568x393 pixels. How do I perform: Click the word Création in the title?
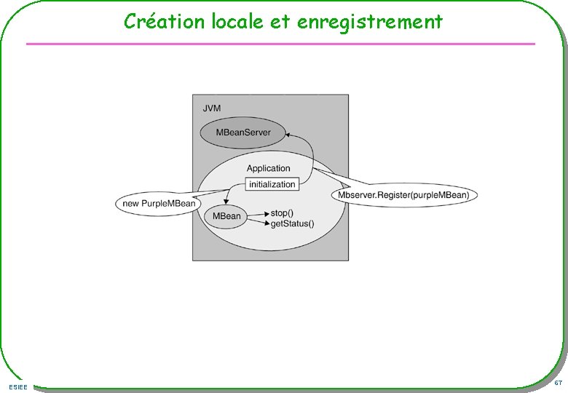[x=155, y=22]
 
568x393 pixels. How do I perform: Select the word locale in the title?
[x=225, y=22]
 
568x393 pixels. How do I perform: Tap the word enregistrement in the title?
[x=370, y=22]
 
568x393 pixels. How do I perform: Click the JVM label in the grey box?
[x=211, y=108]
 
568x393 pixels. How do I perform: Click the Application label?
[x=268, y=168]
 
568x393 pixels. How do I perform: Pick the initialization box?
[x=272, y=184]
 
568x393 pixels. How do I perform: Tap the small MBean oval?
[x=226, y=216]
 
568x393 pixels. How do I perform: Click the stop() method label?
[x=282, y=213]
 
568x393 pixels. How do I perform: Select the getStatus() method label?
[x=292, y=223]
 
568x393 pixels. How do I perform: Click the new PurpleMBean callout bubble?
[x=159, y=203]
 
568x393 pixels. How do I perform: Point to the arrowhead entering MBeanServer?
[x=288, y=134]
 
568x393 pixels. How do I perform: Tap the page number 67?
[x=557, y=383]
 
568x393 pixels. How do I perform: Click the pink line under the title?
[x=280, y=44]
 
